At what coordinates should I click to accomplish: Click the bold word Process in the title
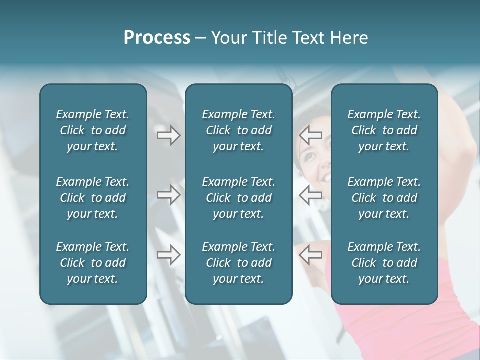(157, 38)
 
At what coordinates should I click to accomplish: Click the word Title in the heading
(269, 38)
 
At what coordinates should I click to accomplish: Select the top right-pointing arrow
(168, 135)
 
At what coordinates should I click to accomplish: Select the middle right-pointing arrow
(168, 195)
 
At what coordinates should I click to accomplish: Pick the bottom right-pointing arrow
(168, 255)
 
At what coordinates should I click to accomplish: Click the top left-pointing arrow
(310, 135)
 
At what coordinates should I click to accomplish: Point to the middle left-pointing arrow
(310, 195)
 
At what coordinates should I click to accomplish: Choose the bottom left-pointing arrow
(310, 255)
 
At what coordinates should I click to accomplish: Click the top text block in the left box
(93, 130)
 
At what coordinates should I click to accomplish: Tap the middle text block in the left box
(93, 198)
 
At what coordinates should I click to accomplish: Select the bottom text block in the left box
(93, 263)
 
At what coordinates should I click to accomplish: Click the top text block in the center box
(238, 130)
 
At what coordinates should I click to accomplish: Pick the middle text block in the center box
(238, 198)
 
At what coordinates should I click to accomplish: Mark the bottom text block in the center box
(238, 263)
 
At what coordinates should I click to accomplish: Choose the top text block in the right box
(384, 130)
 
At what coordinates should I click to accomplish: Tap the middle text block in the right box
(384, 198)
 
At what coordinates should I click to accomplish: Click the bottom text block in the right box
(384, 263)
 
